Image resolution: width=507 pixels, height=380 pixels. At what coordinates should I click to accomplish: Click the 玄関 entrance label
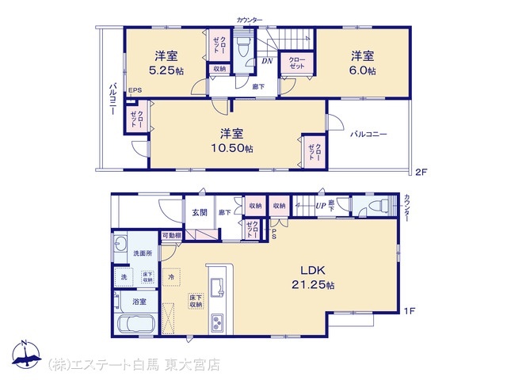tap(199, 212)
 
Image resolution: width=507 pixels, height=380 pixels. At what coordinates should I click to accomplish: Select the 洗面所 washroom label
tap(143, 253)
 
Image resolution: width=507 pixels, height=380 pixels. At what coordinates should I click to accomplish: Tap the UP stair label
tap(320, 206)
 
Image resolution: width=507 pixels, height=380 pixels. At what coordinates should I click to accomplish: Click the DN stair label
tap(268, 59)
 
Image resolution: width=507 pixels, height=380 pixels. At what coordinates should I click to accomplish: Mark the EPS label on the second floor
tap(135, 91)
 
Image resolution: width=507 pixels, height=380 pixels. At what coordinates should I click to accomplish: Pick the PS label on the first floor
tap(273, 234)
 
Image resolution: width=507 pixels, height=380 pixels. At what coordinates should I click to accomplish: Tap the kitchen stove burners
tap(217, 321)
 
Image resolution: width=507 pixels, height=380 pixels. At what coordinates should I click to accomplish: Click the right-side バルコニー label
tap(368, 135)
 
